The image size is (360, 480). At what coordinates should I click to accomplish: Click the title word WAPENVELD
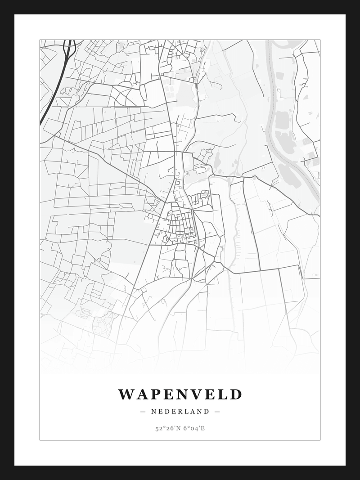click(180, 395)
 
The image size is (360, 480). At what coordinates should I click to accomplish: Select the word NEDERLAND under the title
click(180, 411)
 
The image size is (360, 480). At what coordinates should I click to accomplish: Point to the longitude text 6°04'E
click(194, 428)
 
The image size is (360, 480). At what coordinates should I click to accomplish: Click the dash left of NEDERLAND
click(143, 411)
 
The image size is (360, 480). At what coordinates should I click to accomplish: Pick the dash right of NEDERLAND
click(217, 411)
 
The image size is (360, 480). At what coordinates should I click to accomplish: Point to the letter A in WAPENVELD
click(140, 395)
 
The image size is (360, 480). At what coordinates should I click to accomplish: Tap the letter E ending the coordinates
click(203, 428)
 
